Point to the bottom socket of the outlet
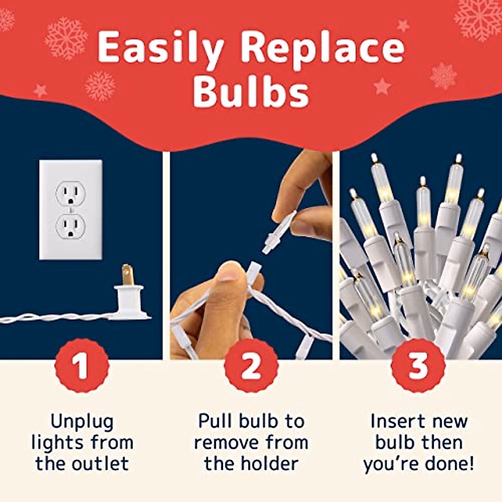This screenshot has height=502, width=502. (71, 226)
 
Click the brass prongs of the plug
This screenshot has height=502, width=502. (126, 275)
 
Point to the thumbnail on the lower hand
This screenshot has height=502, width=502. (228, 272)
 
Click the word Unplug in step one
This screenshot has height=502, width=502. (82, 422)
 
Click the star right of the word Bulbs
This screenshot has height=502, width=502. (382, 87)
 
